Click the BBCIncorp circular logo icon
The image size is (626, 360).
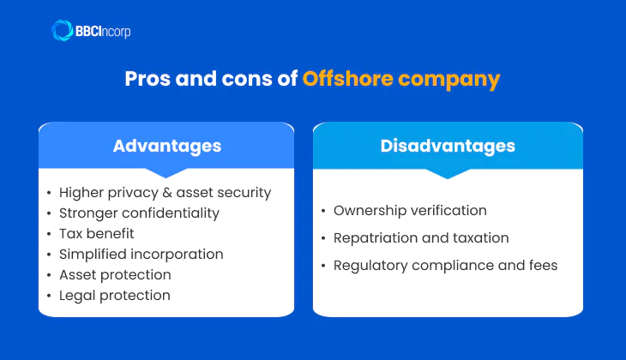pos(63,31)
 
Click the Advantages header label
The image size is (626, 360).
pos(167,146)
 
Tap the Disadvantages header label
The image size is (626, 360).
pos(448,146)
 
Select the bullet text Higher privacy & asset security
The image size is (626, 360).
pos(165,192)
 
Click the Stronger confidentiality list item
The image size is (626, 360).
pos(139,213)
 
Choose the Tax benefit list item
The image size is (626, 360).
pos(97,233)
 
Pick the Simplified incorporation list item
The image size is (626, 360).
pos(141,254)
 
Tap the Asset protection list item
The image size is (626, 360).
pos(115,274)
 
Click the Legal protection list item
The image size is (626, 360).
pos(114,295)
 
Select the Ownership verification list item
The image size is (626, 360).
pos(410,210)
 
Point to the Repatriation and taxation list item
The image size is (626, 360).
pos(421,237)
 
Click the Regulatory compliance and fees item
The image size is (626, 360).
pos(445,265)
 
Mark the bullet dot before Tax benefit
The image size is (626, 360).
pos(49,234)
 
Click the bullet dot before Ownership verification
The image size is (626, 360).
pos(322,211)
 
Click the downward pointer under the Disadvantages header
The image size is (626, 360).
pos(448,173)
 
